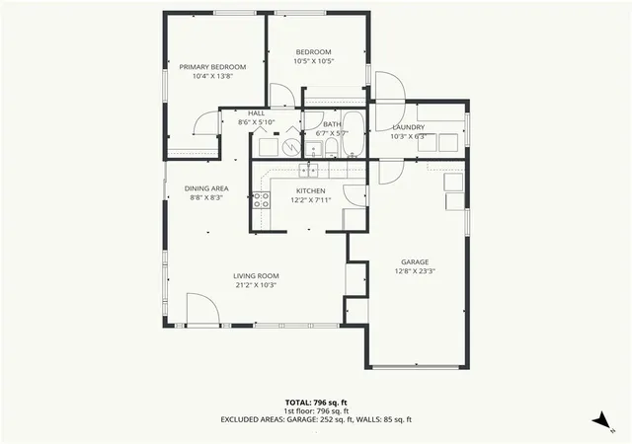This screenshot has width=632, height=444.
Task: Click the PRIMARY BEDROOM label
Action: point(212,67)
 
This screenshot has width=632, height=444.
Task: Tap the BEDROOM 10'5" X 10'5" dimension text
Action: point(314,61)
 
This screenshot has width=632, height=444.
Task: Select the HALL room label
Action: point(257,113)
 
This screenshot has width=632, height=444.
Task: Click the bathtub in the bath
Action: point(354,134)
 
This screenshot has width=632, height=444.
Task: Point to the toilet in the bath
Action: point(332,148)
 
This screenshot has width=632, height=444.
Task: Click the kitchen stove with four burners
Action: point(261,200)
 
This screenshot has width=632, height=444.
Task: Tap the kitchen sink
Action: point(308,171)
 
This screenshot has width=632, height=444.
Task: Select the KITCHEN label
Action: point(311,191)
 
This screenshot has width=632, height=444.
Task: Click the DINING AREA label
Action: point(206,188)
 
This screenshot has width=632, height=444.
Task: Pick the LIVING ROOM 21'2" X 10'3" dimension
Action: point(256,285)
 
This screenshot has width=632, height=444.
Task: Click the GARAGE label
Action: point(415,261)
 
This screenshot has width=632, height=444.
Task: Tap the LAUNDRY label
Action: point(408,127)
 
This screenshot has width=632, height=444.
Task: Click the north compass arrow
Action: point(601,420)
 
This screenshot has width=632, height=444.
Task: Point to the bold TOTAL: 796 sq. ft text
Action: point(316,403)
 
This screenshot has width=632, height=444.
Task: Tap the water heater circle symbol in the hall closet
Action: point(291,147)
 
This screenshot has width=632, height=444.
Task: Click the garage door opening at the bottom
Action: point(415,367)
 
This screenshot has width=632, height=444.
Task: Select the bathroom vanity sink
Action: point(313,150)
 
